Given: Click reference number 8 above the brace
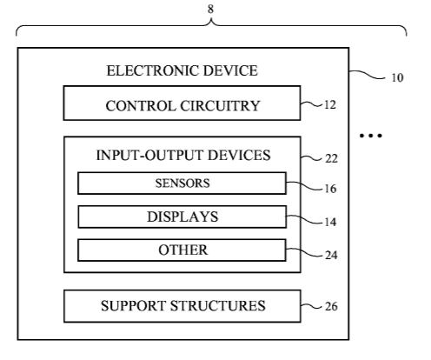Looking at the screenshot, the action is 210,9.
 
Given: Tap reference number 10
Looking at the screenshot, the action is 397,77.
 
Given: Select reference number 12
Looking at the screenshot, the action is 330,104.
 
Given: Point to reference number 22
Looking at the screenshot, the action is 331,158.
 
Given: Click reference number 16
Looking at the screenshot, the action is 330,189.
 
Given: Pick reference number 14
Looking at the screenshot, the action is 330,222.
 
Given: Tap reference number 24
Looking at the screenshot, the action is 331,255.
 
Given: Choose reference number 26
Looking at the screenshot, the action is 331,306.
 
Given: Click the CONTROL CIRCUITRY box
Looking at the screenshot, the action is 182,103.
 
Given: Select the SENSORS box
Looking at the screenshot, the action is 182,183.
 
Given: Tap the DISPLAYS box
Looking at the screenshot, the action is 182,217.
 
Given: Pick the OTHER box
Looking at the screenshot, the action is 182,250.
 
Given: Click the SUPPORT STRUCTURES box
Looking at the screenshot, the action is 182,306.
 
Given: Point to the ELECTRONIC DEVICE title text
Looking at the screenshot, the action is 182,70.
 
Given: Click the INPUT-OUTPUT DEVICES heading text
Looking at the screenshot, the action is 183,155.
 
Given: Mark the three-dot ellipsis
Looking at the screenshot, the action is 371,136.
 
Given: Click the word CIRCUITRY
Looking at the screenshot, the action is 220,106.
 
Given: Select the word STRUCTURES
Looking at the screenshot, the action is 217,306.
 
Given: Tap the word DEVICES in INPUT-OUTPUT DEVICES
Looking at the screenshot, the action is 239,155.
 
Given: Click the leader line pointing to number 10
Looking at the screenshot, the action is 368,75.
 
